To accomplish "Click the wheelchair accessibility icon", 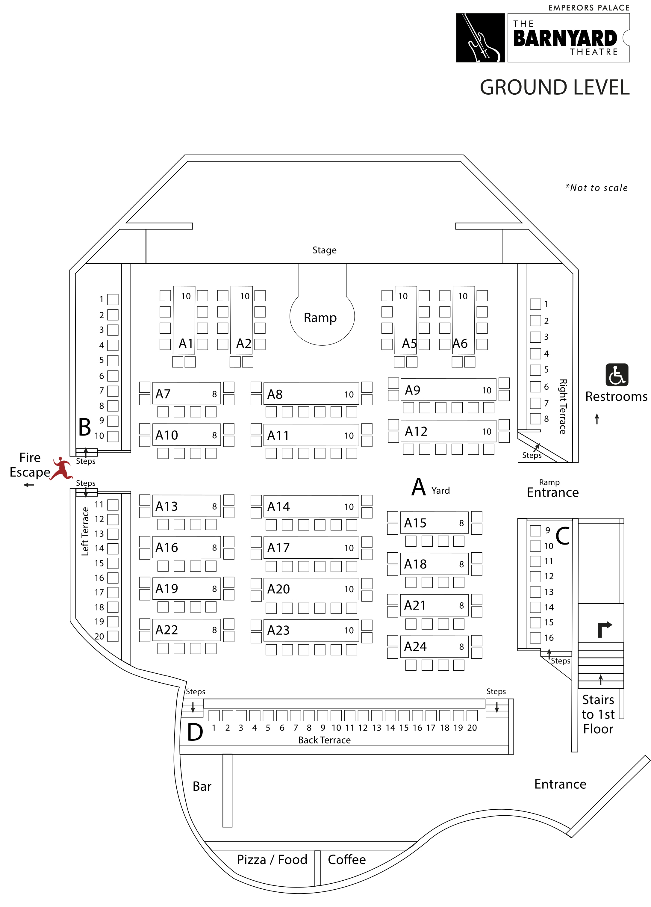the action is (x=617, y=375).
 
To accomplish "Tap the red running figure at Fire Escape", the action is (x=61, y=468).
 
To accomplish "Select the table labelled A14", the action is (x=311, y=506).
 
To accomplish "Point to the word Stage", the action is (x=324, y=250).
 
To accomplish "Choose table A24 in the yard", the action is (x=434, y=646).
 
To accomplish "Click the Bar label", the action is (x=202, y=786).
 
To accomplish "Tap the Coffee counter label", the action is (x=347, y=859).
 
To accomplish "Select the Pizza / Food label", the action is (x=272, y=859).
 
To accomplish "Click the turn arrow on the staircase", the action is (x=604, y=629).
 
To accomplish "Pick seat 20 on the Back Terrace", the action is (x=472, y=715).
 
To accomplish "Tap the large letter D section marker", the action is (x=195, y=732).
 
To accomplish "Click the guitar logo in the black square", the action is (x=480, y=37).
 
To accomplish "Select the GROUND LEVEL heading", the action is (x=555, y=87).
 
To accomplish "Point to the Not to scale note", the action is (x=596, y=188).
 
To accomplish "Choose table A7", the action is (x=186, y=394).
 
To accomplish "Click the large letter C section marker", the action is (x=563, y=536).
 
